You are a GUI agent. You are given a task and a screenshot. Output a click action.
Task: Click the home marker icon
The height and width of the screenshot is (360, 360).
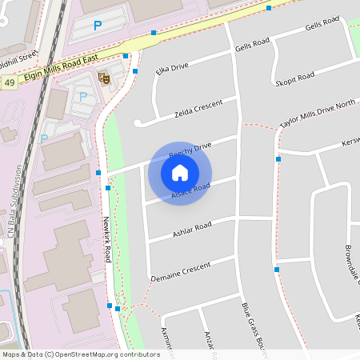pos(180,172)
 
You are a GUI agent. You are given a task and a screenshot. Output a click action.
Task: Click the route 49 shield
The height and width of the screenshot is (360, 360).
pos(9,82)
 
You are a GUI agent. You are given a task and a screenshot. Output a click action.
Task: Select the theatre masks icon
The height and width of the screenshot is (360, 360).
pos(103,78)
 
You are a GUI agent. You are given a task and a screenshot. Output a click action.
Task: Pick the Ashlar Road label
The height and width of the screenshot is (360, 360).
pos(192,230)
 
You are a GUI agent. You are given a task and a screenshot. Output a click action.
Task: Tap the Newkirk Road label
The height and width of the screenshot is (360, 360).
pos(106,241)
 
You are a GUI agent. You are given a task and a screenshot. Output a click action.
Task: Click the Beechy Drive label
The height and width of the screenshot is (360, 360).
pos(192,150)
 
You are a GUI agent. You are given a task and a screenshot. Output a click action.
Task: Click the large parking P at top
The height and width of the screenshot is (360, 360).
pos(97,26)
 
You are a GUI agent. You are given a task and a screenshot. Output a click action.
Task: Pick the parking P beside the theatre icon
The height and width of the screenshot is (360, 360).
pos(83,96)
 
